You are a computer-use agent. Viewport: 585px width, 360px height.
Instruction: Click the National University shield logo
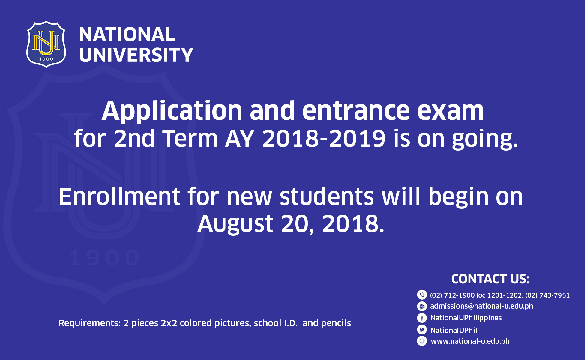click(x=46, y=44)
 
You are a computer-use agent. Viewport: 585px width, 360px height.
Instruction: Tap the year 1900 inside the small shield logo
click(x=46, y=59)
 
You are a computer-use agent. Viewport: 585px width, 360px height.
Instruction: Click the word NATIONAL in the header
click(x=127, y=34)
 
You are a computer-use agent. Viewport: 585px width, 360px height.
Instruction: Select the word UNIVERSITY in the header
click(x=136, y=55)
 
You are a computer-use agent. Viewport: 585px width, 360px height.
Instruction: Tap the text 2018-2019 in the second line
click(x=324, y=139)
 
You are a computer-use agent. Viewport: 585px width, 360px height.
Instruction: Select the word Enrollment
click(x=119, y=196)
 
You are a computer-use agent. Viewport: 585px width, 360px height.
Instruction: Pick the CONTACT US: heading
click(x=490, y=279)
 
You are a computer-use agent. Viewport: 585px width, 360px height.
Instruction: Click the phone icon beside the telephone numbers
click(x=422, y=295)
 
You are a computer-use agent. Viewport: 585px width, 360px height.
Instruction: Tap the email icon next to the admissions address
click(x=422, y=306)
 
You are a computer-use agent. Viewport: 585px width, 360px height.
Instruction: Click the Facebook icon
click(x=422, y=318)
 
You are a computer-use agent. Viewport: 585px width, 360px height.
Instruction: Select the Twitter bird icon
click(x=422, y=330)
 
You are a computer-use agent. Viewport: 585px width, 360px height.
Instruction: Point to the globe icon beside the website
click(x=422, y=341)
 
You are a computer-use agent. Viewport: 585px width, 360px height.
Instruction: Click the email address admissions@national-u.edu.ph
click(x=482, y=306)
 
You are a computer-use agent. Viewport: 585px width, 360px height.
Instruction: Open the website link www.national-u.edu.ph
click(x=470, y=341)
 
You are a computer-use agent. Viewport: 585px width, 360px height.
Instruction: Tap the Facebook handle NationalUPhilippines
click(x=466, y=318)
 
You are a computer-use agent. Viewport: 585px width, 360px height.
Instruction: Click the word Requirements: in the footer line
click(x=89, y=323)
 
